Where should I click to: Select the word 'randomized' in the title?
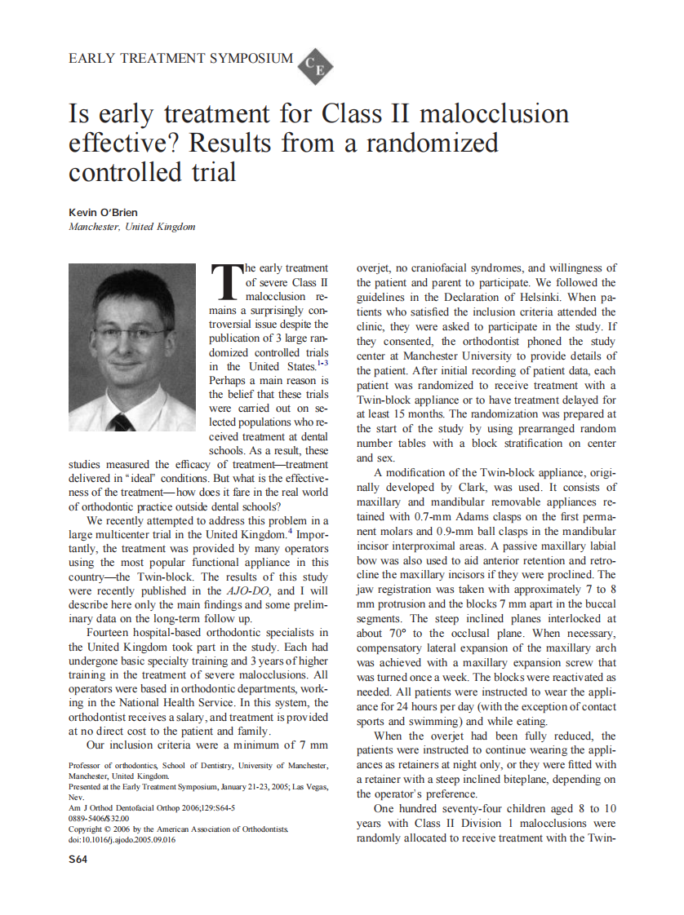click(432, 143)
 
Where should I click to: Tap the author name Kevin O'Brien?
click(103, 213)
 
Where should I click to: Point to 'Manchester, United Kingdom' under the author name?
click(131, 227)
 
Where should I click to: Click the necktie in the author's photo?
click(122, 422)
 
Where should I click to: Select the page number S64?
click(78, 859)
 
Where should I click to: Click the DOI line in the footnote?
click(122, 839)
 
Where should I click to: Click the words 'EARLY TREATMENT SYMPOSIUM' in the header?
click(180, 59)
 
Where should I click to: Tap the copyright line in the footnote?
click(178, 829)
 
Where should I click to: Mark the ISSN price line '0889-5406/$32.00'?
click(99, 819)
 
